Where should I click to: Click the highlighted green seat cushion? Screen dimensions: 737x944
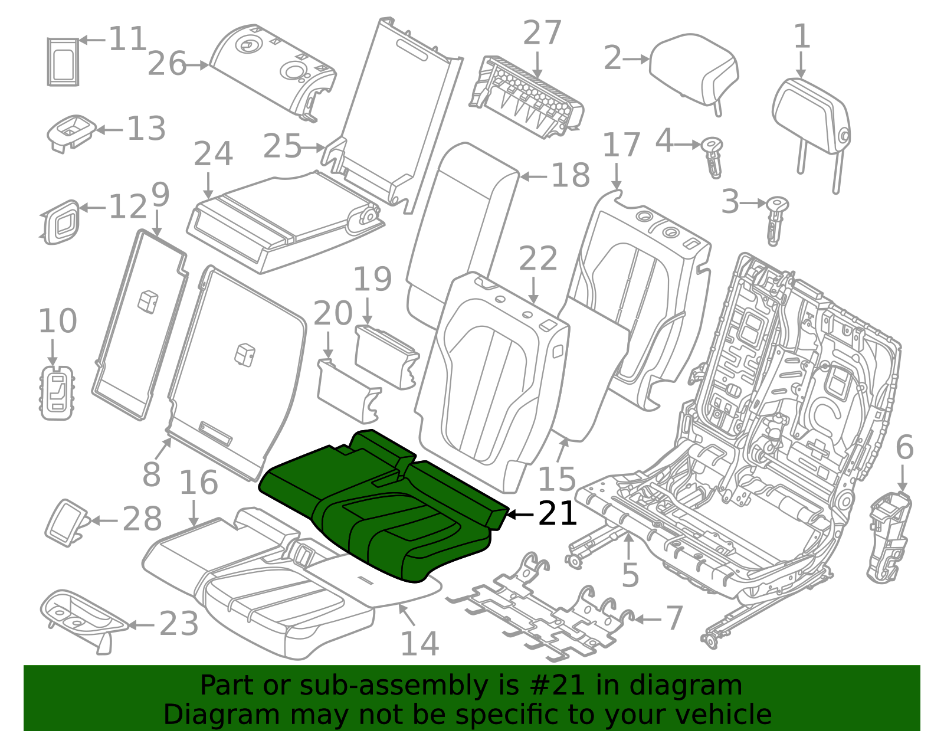pyautogui.click(x=378, y=507)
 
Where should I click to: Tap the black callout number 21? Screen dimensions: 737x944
pyautogui.click(x=557, y=514)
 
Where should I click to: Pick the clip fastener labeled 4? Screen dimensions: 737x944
pyautogui.click(x=713, y=156)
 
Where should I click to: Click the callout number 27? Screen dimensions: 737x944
pyautogui.click(x=542, y=33)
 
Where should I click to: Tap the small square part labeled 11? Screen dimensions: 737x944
pyautogui.click(x=63, y=61)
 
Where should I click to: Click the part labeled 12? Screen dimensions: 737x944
pyautogui.click(x=61, y=222)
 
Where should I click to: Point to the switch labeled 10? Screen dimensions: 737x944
pyautogui.click(x=57, y=392)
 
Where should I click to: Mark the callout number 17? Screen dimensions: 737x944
pyautogui.click(x=621, y=145)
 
